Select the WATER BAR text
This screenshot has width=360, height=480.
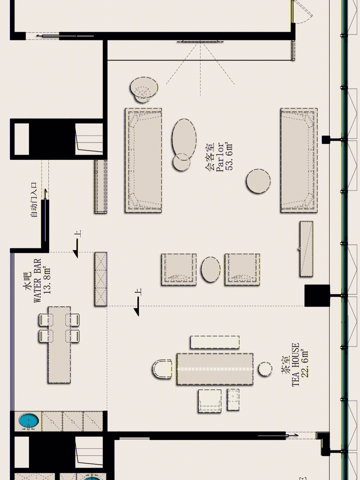tap(37, 281)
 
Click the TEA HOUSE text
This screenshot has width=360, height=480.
tap(296, 365)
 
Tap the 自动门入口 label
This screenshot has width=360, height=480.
tap(34, 199)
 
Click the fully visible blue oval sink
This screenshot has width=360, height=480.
tap(28, 421)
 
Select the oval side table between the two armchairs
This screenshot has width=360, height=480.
tap(210, 270)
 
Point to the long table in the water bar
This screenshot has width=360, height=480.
tap(59, 345)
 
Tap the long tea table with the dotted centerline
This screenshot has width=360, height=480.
tap(215, 369)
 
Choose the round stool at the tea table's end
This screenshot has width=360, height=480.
tap(265, 369)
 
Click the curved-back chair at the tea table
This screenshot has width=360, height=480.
tap(162, 369)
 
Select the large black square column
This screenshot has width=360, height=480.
tap(317, 295)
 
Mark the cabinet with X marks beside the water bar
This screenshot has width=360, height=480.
tap(101, 279)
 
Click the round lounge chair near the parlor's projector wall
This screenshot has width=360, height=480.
tap(144, 89)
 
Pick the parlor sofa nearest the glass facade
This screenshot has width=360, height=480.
tap(299, 160)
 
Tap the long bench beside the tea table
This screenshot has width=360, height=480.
tap(215, 342)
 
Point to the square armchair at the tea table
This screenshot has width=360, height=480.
tap(210, 401)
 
